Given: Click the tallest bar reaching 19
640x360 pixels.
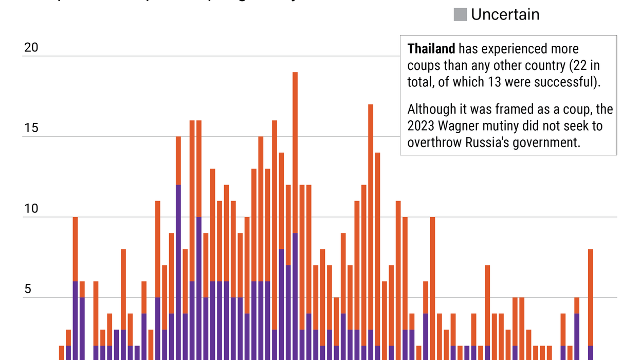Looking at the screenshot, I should coord(295,154).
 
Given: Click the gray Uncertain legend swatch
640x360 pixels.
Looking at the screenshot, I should coord(460,14).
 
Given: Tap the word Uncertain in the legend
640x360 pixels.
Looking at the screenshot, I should coord(505,14).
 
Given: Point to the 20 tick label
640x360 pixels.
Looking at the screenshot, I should coord(31,47).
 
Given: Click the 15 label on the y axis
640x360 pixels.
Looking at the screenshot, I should coord(31,128).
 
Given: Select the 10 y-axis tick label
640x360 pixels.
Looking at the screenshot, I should coord(31,209).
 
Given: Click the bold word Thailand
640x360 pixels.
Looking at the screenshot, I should coord(431,49).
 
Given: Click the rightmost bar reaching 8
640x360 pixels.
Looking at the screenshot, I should coord(590,293).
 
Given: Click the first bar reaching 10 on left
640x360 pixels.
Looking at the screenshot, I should coord(75,247).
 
